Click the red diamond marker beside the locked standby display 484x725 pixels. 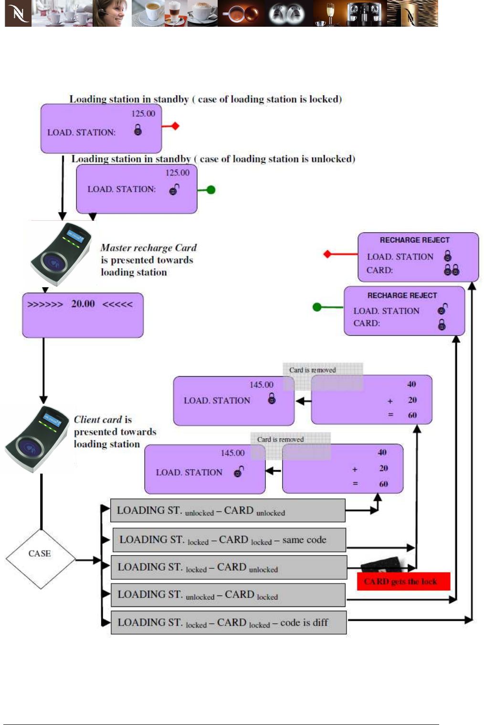(175, 126)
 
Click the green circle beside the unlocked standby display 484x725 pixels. (211, 190)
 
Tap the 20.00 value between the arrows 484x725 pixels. (83, 304)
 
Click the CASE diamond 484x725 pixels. (40, 554)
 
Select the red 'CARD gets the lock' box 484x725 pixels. (403, 582)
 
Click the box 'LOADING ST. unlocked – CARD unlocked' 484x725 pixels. (228, 511)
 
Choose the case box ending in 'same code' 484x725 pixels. (229, 540)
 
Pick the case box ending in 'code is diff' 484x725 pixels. (229, 623)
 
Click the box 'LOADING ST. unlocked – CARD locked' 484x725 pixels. (228, 595)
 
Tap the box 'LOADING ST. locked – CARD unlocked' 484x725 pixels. (229, 567)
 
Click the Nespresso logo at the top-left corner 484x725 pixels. (18, 13)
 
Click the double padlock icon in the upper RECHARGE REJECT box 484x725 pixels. (452, 270)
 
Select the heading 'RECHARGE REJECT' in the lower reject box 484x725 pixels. (402, 295)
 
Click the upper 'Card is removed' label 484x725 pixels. (313, 370)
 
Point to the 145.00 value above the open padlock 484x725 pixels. (232, 453)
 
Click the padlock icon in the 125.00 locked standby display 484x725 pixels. (138, 130)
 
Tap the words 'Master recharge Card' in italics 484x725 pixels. (148, 248)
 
